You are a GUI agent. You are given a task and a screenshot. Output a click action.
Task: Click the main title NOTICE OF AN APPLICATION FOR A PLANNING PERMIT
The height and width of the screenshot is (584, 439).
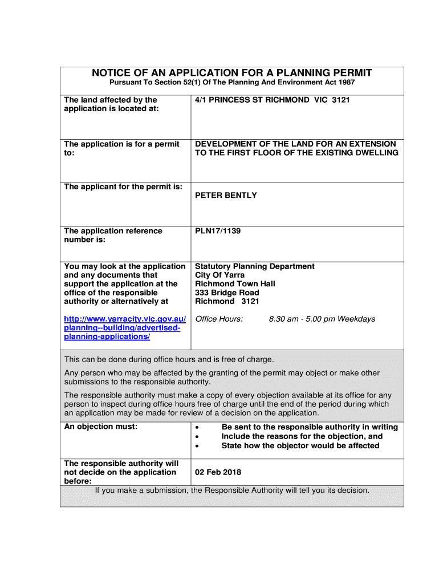[232, 73]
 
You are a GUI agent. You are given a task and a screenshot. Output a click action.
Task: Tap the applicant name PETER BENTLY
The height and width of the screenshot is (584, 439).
[226, 195]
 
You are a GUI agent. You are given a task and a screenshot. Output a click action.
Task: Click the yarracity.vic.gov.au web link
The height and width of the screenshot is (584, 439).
[125, 327]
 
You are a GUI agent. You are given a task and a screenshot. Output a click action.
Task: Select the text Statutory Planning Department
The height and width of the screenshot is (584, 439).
[255, 266]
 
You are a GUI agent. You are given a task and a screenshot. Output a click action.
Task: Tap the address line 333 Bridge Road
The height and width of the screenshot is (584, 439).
[227, 293]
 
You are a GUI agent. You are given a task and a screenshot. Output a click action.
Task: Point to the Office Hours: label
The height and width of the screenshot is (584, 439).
[219, 319]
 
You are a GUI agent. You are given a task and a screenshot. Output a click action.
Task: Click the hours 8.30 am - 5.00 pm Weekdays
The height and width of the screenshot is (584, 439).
[322, 319]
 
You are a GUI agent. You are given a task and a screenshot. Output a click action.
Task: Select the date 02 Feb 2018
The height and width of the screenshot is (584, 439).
[218, 472]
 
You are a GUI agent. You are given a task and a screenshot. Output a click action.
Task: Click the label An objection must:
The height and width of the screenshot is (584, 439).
[101, 427]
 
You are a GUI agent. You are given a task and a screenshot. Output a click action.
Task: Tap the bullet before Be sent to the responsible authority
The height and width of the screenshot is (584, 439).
[197, 428]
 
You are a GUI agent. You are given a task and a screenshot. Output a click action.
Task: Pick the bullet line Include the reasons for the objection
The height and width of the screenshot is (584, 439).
[302, 436]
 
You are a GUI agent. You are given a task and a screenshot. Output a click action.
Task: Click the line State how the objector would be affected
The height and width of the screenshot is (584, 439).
[300, 445]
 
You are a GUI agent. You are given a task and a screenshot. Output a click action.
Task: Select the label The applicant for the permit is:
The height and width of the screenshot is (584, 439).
[123, 186]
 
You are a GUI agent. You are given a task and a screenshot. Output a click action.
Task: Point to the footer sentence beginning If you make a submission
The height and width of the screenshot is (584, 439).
[232, 490]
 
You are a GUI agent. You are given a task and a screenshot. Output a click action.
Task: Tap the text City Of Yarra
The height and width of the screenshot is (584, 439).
[219, 275]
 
